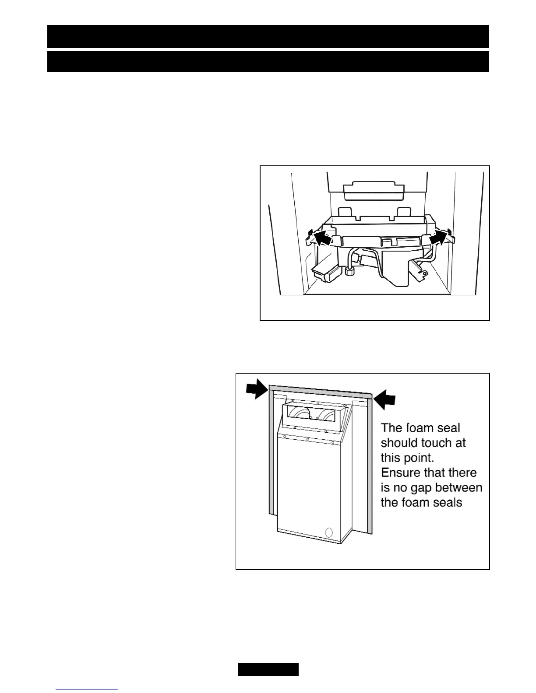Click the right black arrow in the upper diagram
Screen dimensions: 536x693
pyautogui.click(x=440, y=239)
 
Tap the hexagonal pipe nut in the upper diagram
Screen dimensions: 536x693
pyautogui.click(x=350, y=272)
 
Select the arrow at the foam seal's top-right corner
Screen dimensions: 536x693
pyautogui.click(x=386, y=399)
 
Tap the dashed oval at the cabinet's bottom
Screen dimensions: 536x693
pyautogui.click(x=330, y=533)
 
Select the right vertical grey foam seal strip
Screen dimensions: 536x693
pyautogui.click(x=369, y=464)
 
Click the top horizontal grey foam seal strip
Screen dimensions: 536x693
pyautogui.click(x=320, y=391)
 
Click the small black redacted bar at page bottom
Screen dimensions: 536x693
pyautogui.click(x=268, y=669)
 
